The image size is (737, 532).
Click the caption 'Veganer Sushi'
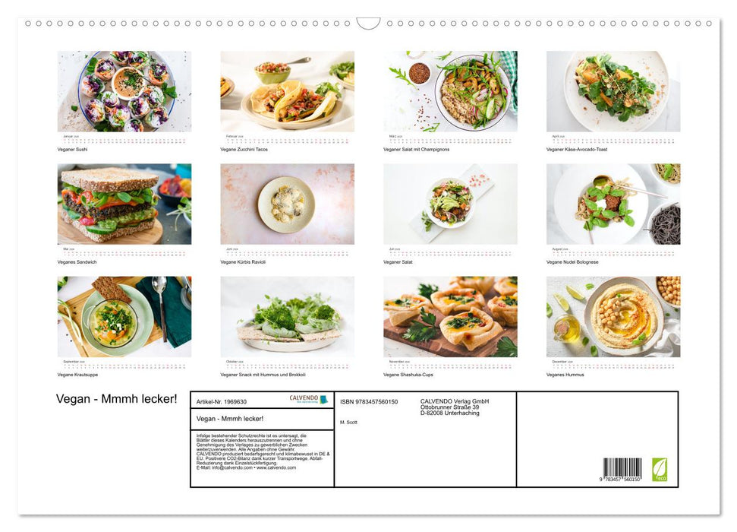pyautogui.click(x=73, y=149)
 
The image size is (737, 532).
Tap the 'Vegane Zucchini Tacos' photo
pyautogui.click(x=287, y=91)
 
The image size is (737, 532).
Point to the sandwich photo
pyautogui.click(x=111, y=204)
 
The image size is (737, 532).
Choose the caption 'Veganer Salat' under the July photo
pyautogui.click(x=398, y=261)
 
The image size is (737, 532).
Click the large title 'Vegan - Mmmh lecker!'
pyautogui.click(x=116, y=399)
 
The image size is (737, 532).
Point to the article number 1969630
pyautogui.click(x=222, y=401)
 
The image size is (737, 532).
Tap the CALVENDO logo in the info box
pyautogui.click(x=308, y=399)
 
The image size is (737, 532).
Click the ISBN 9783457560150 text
pyautogui.click(x=369, y=401)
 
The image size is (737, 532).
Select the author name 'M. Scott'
pyautogui.click(x=348, y=422)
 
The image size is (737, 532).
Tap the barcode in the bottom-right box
pyautogui.click(x=622, y=468)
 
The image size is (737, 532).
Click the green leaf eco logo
pyautogui.click(x=659, y=468)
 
